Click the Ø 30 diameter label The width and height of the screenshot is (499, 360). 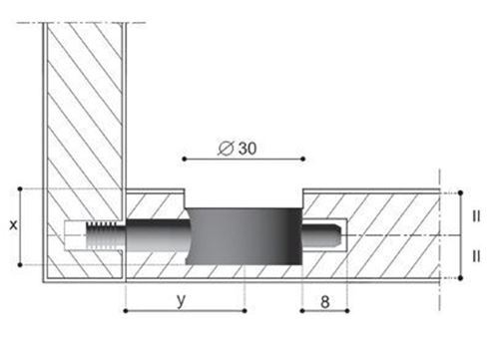point(238,149)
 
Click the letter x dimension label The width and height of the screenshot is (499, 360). point(13,225)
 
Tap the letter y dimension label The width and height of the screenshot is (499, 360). point(181,301)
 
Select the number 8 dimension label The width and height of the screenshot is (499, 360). point(325,302)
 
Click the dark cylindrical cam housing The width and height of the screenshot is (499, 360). point(244,236)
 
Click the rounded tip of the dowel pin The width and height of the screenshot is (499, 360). point(335,235)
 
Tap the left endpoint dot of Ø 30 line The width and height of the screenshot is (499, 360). point(185,159)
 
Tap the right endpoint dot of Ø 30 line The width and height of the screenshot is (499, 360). point(302,159)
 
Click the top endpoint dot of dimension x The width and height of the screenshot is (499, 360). point(20,188)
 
